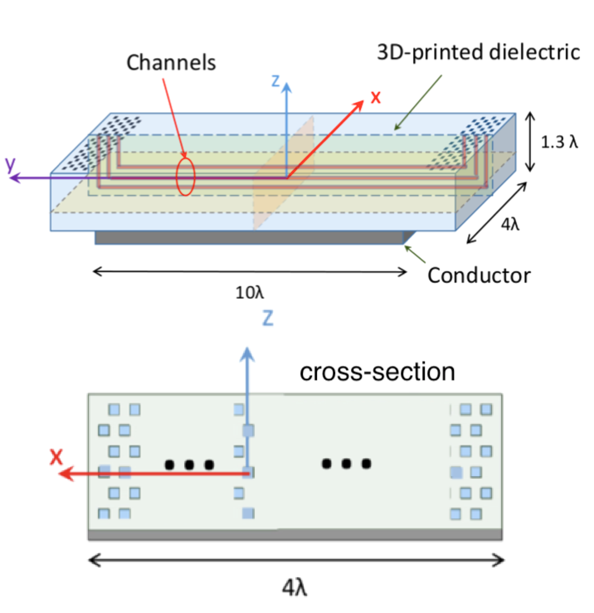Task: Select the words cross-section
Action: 377,371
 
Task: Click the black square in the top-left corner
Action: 22,56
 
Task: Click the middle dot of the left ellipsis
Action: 189,465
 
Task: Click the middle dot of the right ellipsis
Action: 345,464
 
